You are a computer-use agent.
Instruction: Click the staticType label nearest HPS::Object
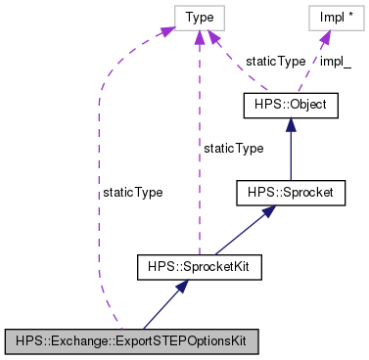[x=275, y=61]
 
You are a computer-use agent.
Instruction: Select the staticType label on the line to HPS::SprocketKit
[x=232, y=148]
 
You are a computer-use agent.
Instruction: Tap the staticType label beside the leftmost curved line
[x=132, y=193]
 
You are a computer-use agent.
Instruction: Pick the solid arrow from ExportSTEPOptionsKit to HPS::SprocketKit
[x=163, y=303]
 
